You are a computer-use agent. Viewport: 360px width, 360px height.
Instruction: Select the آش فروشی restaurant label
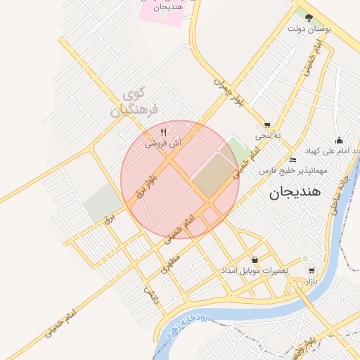pyautogui.click(x=163, y=143)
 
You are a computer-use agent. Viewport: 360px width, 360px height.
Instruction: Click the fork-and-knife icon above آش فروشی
pyautogui.click(x=163, y=131)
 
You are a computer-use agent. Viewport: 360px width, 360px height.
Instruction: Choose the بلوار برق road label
pyautogui.click(x=148, y=181)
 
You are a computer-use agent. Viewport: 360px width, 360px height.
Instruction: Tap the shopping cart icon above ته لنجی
pyautogui.click(x=267, y=124)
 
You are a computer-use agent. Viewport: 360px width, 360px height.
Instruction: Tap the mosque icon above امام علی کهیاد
pyautogui.click(x=339, y=139)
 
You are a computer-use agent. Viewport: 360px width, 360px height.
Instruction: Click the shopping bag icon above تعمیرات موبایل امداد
pyautogui.click(x=254, y=259)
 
